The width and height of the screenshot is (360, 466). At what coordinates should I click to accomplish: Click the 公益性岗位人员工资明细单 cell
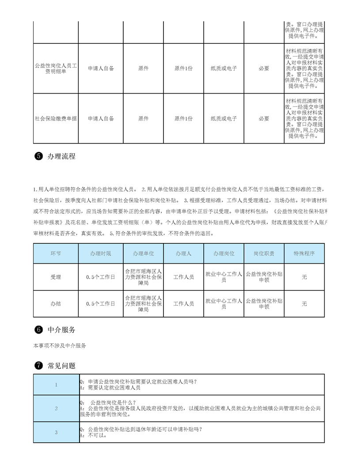click(x=56, y=68)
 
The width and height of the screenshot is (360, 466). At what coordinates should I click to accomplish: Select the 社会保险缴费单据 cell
click(x=56, y=118)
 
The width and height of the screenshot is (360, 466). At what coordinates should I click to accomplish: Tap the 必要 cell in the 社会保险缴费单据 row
click(x=264, y=118)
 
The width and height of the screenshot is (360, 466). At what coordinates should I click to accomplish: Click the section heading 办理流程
click(x=61, y=156)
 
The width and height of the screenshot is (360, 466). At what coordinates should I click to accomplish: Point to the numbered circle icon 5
click(x=38, y=156)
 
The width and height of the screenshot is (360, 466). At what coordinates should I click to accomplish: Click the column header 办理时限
click(x=101, y=254)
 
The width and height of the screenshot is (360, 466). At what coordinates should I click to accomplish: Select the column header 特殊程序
click(x=304, y=254)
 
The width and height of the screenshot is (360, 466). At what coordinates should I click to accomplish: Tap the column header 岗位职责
click(x=264, y=254)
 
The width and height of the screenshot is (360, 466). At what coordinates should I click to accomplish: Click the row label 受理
click(x=56, y=277)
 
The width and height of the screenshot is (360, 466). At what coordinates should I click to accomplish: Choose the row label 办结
click(x=56, y=303)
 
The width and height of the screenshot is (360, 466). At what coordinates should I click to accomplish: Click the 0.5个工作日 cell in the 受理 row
click(x=101, y=277)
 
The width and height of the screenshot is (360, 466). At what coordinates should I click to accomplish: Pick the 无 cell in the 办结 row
click(x=304, y=303)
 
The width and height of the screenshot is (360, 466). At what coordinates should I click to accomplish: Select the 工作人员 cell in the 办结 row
click(x=183, y=303)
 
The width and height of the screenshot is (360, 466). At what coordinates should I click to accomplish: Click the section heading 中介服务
click(x=61, y=330)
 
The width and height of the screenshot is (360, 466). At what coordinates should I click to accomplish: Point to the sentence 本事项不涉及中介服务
click(x=60, y=345)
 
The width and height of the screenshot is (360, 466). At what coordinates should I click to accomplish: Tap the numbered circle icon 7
click(x=38, y=366)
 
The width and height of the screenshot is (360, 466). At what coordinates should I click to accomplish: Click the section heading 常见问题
click(x=61, y=366)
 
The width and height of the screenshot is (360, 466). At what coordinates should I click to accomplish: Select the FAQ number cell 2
click(x=56, y=409)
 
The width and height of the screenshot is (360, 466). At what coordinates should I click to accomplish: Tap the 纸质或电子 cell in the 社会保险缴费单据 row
click(x=224, y=118)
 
